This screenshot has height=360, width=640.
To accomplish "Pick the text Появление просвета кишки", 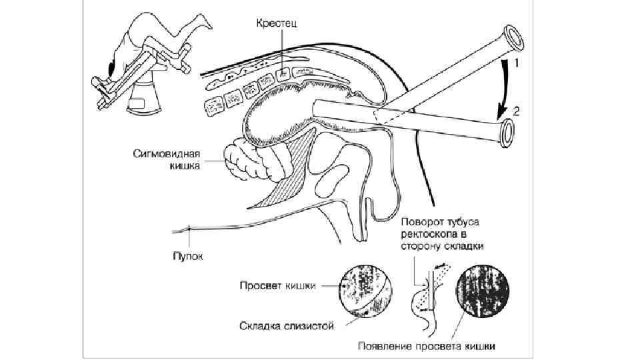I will [427, 347].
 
